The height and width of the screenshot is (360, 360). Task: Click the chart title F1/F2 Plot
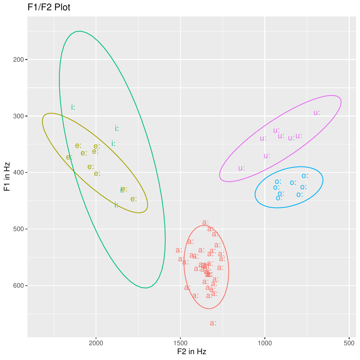point(49,7)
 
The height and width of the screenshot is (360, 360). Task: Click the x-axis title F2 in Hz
point(192,351)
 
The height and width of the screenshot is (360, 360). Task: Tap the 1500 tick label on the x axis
point(180,343)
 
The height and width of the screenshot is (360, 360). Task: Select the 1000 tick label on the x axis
point(265,343)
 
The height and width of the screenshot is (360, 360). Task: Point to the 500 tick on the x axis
point(349,343)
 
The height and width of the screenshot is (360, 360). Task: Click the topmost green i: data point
point(73,107)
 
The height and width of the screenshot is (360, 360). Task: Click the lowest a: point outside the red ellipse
point(213,323)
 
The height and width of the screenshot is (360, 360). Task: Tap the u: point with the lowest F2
point(317,112)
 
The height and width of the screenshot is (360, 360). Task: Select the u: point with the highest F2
point(242,168)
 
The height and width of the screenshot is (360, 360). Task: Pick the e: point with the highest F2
point(69,157)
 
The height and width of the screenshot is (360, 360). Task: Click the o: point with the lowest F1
point(305,176)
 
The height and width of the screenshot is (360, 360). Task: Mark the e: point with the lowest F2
point(133,199)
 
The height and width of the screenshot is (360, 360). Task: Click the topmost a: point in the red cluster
point(205,223)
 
